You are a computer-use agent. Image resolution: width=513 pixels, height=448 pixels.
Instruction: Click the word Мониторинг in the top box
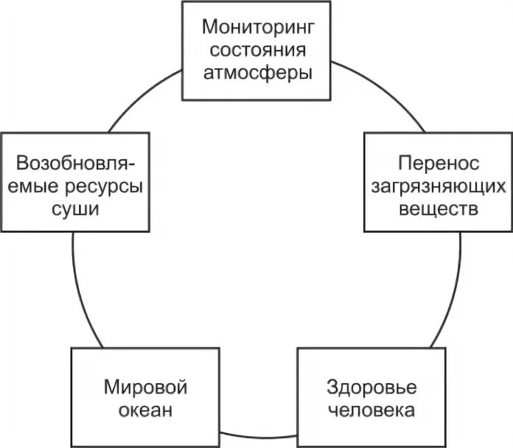point(257,29)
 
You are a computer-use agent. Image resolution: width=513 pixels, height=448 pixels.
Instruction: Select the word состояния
point(257,51)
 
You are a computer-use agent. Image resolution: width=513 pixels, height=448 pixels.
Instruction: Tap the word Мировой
point(144,387)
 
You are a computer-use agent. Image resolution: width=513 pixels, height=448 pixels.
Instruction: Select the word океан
point(144,410)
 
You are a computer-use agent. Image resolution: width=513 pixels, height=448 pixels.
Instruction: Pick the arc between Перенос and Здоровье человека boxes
point(453,295)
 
